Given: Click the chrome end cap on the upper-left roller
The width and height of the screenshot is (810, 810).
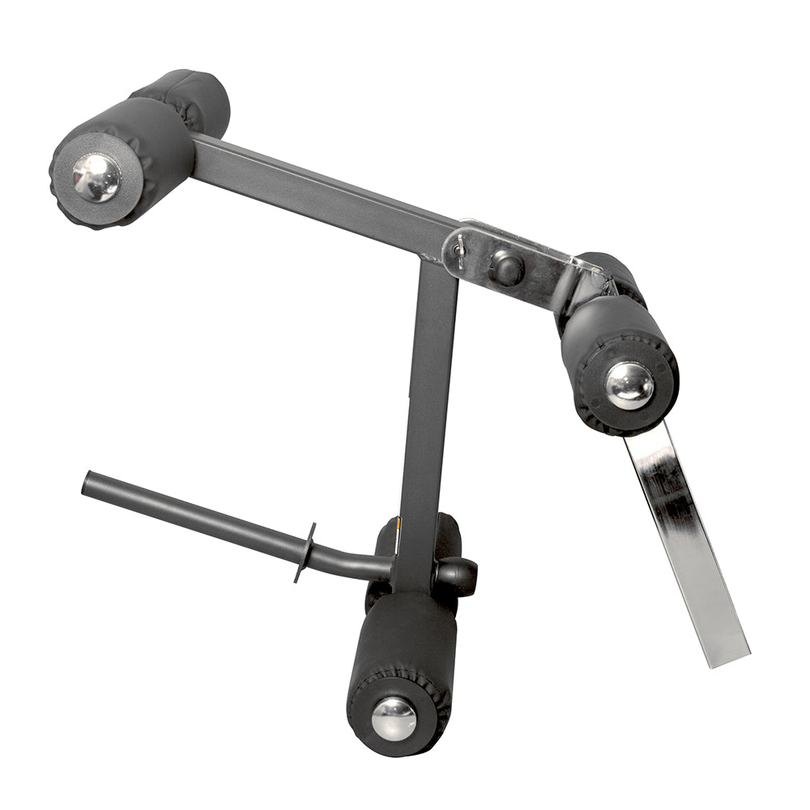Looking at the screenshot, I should (x=96, y=177).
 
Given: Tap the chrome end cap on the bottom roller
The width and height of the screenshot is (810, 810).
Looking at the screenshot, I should (x=394, y=718).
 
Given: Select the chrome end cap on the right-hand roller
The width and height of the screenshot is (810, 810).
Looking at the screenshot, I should (x=629, y=385).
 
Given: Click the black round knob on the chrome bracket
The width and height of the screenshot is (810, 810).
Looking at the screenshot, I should (x=507, y=267).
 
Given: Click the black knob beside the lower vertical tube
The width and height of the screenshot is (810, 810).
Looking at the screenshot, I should (x=458, y=575).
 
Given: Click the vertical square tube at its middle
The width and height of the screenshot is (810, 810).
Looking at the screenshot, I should (x=429, y=405).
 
